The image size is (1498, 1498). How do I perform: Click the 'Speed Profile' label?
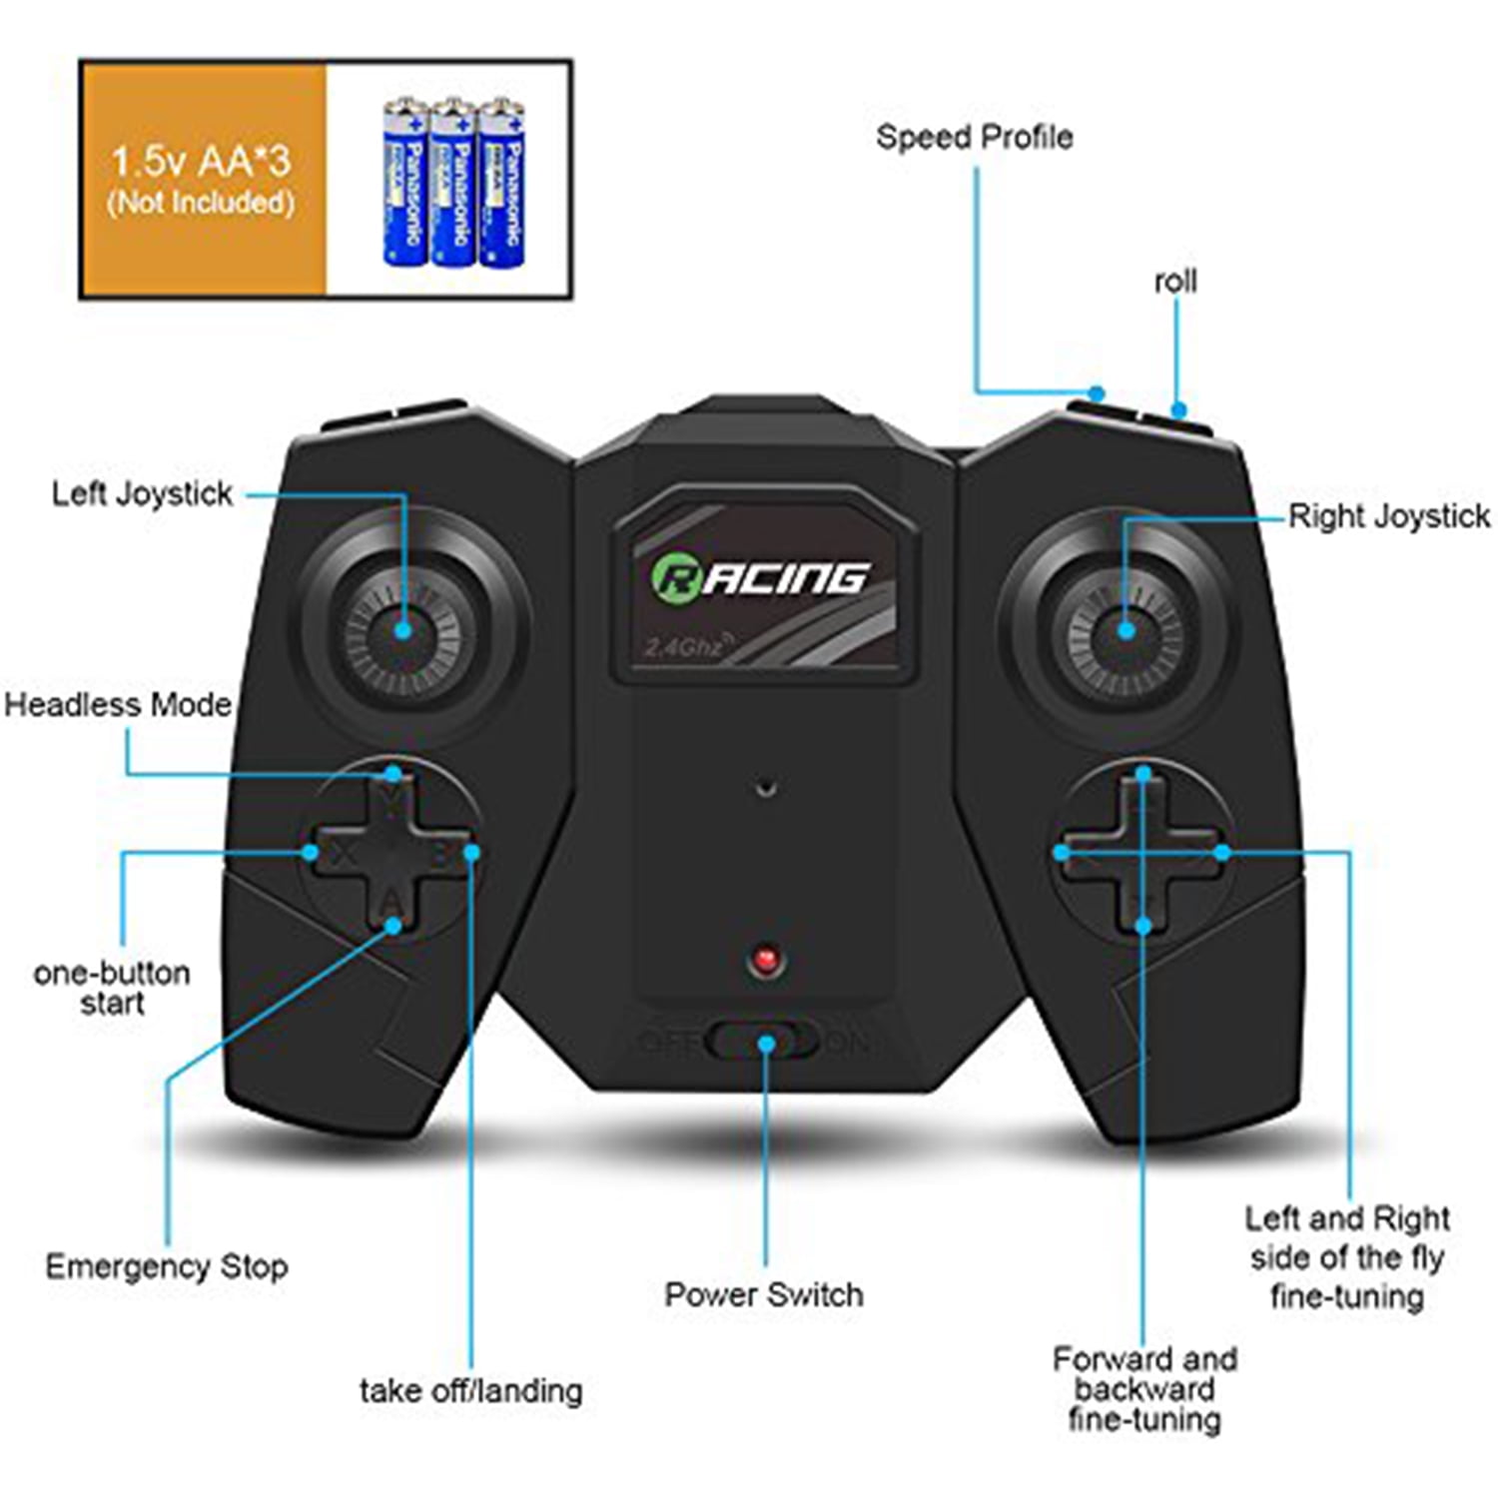(x=974, y=137)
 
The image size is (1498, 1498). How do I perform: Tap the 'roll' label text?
(x=1175, y=282)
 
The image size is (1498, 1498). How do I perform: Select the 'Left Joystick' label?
(x=142, y=493)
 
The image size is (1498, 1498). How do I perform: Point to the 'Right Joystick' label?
(x=1388, y=516)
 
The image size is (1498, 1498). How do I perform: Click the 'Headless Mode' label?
(x=118, y=705)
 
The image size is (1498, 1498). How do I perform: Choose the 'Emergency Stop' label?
(x=167, y=1266)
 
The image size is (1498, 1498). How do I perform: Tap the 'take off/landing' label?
(x=470, y=1390)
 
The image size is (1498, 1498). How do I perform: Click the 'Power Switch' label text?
(x=764, y=1294)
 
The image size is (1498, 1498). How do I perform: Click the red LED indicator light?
(x=766, y=961)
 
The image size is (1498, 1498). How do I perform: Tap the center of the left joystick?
(x=403, y=630)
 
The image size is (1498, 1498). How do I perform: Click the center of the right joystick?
(x=1125, y=630)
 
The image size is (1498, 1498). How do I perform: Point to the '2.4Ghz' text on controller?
(x=684, y=647)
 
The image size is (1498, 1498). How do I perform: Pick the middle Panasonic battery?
(x=452, y=182)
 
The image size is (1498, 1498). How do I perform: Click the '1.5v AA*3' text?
(x=201, y=161)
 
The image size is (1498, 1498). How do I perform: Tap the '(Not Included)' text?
(x=201, y=203)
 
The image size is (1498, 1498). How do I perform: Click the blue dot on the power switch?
(x=766, y=1044)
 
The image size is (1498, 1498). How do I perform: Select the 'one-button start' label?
(x=112, y=988)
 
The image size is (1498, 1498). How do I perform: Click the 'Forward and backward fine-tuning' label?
(x=1144, y=1389)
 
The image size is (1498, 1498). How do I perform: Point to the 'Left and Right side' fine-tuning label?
(x=1347, y=1257)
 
